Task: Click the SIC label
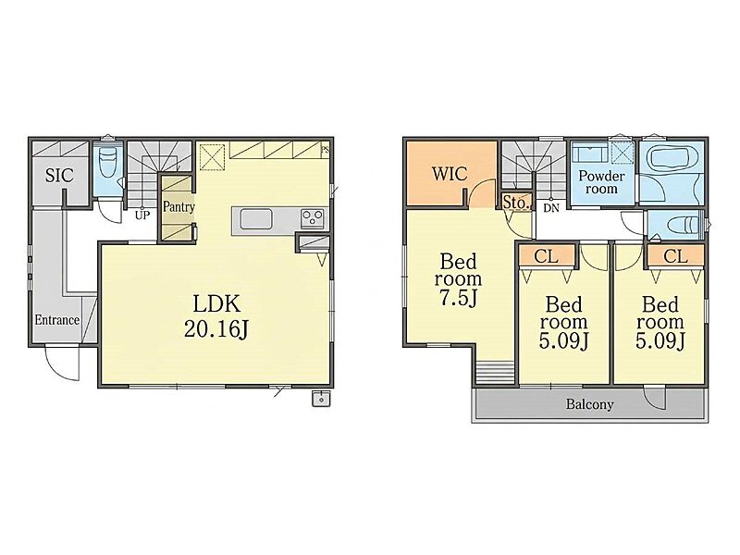pyautogui.click(x=59, y=176)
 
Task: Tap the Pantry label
pyautogui.click(x=179, y=206)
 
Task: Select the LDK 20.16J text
pyautogui.click(x=216, y=316)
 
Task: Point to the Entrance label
pyautogui.click(x=57, y=320)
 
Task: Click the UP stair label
pyautogui.click(x=142, y=216)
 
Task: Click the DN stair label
pyautogui.click(x=550, y=207)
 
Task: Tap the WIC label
pyautogui.click(x=450, y=174)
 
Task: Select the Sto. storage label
pyautogui.click(x=515, y=203)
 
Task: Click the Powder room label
pyautogui.click(x=602, y=182)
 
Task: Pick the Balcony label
pyautogui.click(x=590, y=404)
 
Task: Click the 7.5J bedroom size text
pyautogui.click(x=458, y=299)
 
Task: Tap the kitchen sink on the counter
pyautogui.click(x=256, y=219)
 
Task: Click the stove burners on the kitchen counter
pyautogui.click(x=313, y=218)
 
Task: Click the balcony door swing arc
pyautogui.click(x=655, y=400)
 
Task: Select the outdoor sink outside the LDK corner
pyautogui.click(x=321, y=399)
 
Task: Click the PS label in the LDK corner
pyautogui.click(x=325, y=151)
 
